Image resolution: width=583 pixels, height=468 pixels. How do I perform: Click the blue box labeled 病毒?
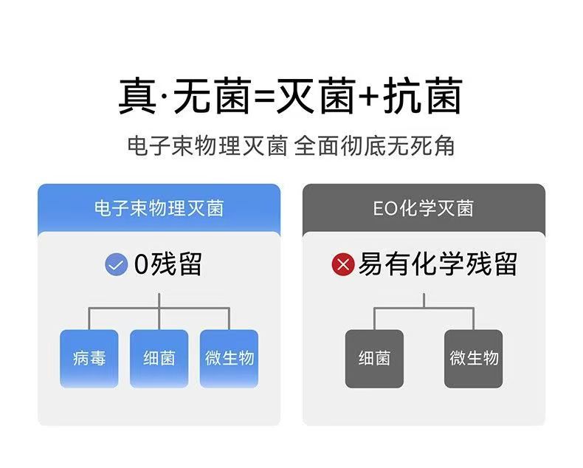(89, 358)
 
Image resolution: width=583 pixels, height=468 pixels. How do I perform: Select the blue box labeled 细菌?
(159, 358)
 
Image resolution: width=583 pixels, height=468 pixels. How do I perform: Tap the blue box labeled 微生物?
(229, 358)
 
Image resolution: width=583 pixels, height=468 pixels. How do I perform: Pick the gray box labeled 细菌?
(374, 359)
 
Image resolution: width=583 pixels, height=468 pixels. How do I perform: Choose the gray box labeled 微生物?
(474, 359)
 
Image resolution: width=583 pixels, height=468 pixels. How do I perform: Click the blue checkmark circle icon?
(117, 264)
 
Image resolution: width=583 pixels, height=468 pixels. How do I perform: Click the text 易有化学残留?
(437, 264)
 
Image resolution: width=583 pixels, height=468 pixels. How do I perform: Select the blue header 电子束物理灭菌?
(159, 208)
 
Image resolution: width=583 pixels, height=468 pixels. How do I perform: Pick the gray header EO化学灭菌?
(423, 208)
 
